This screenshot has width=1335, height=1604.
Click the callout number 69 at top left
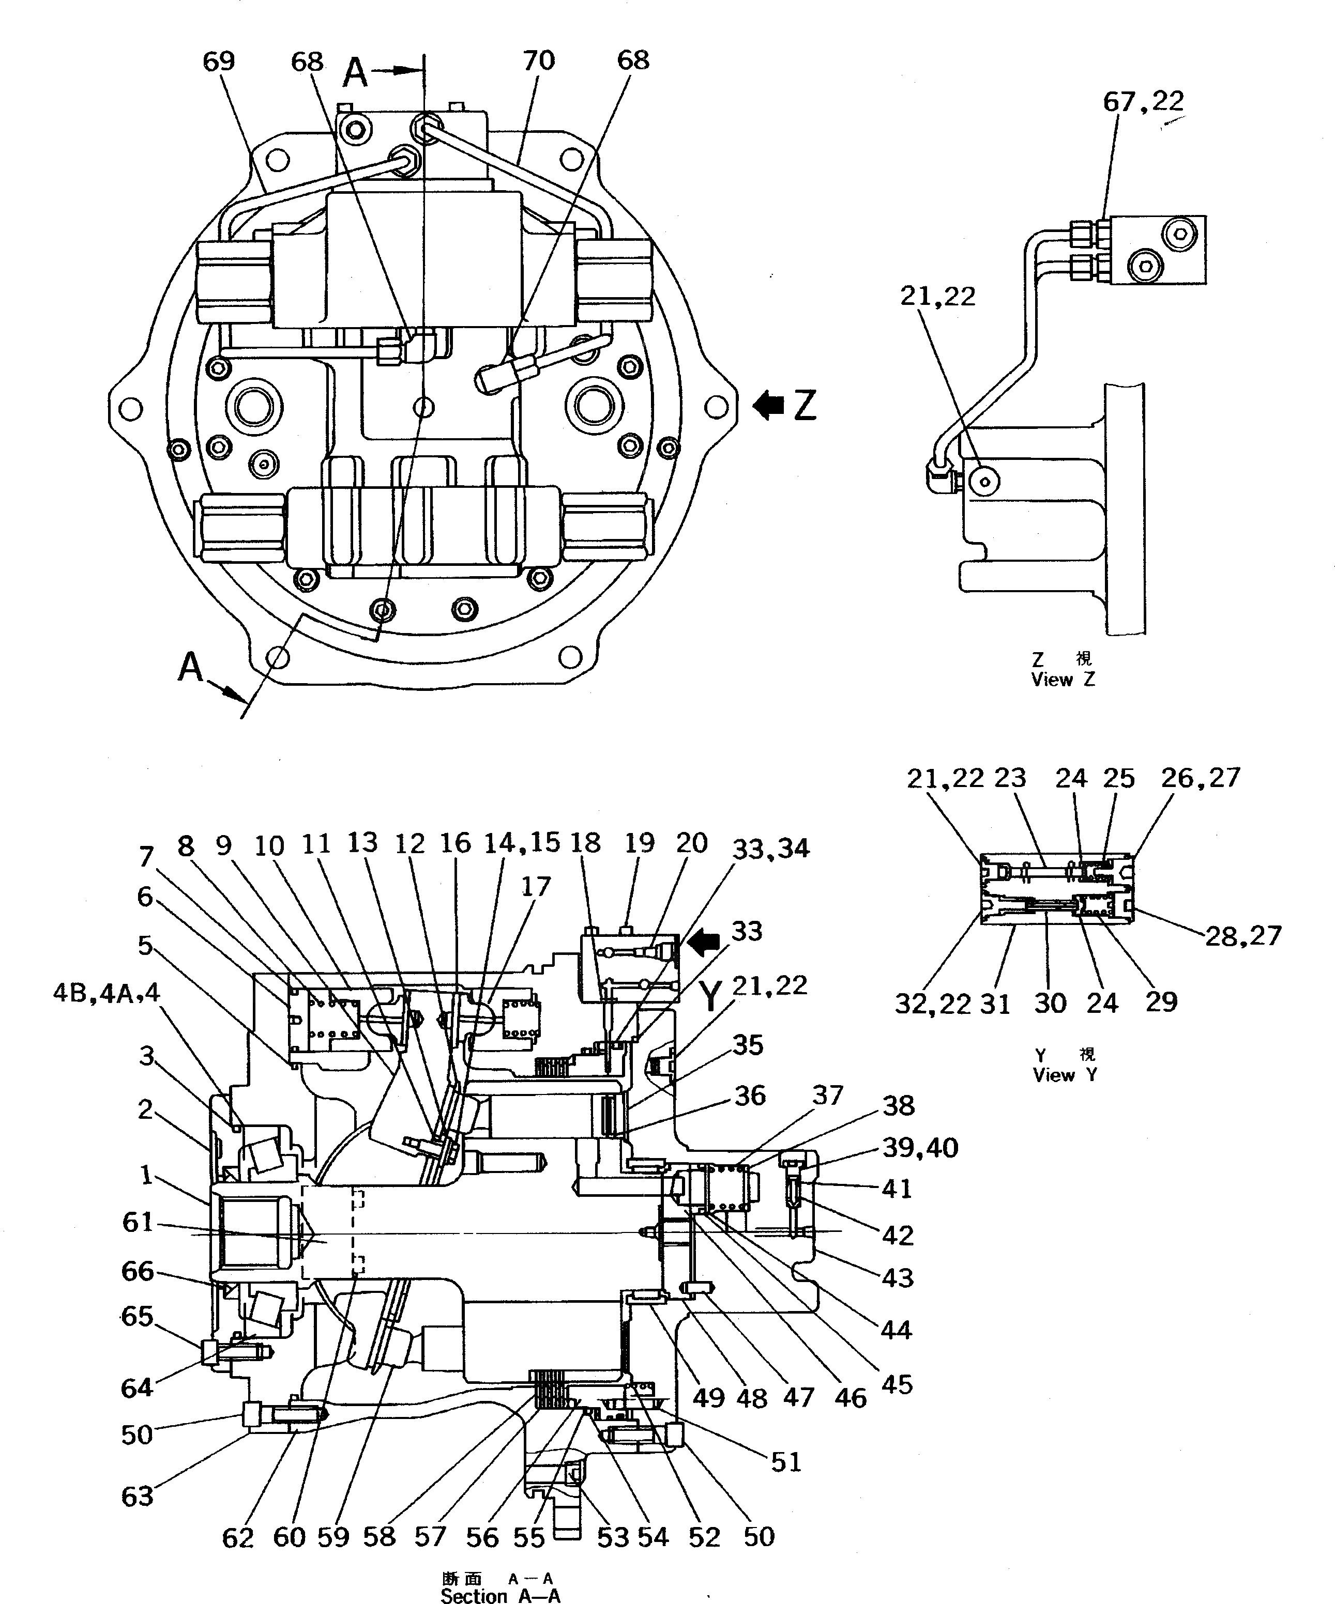219,61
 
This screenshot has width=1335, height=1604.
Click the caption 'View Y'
1065,1075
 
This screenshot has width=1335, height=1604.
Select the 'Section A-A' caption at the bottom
500,1596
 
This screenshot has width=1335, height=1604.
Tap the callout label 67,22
1143,101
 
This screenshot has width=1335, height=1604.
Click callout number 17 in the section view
536,886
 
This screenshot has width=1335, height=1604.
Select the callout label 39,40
920,1147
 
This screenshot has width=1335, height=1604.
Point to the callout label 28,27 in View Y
1242,936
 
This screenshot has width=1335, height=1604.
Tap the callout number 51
785,1462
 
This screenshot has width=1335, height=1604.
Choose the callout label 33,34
770,848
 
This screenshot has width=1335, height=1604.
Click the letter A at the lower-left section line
191,667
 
